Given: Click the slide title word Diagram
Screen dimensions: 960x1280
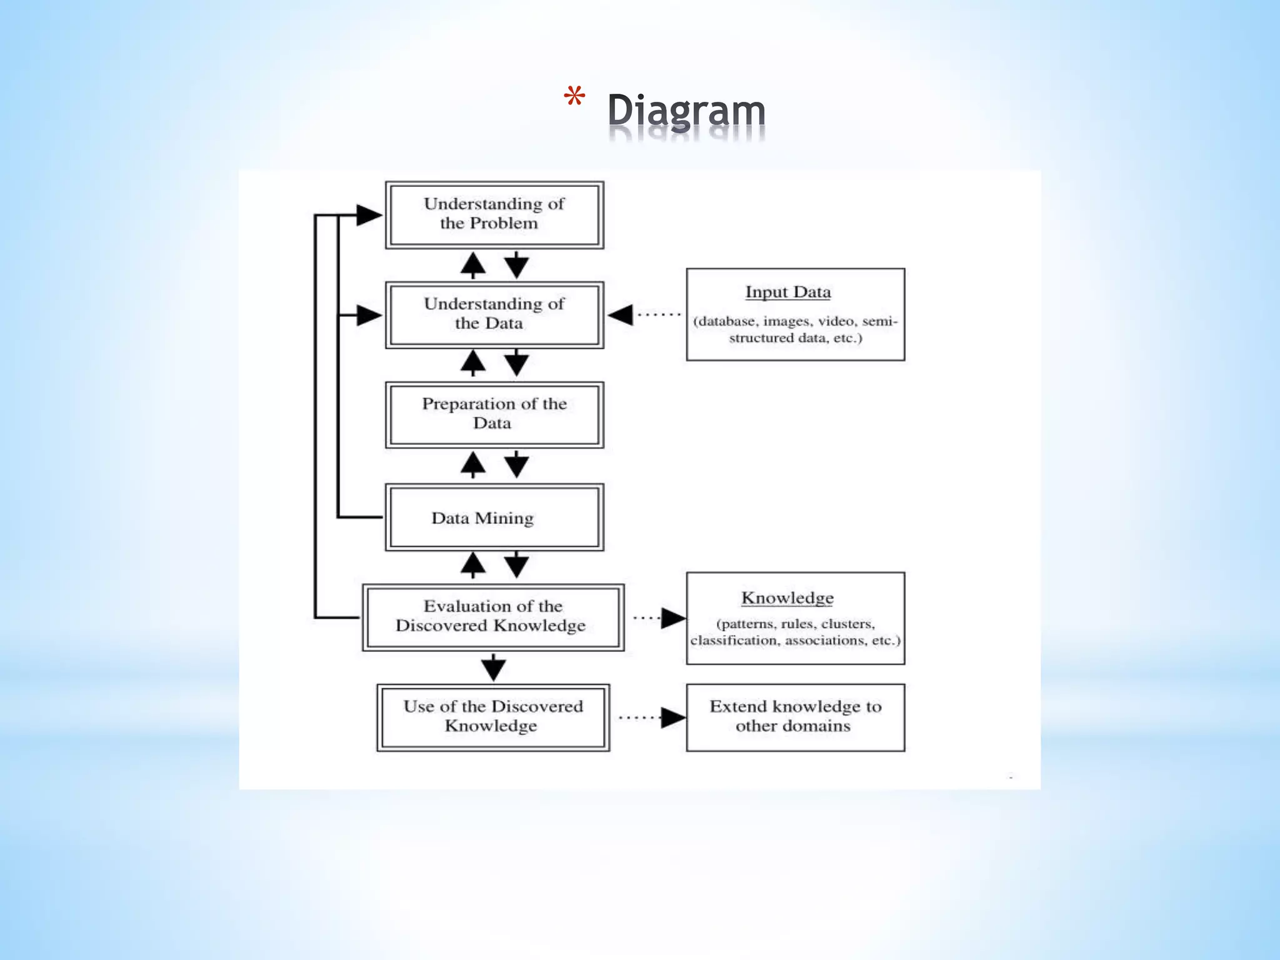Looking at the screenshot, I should click(x=686, y=111).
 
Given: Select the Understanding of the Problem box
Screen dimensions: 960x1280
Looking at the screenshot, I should click(x=494, y=214).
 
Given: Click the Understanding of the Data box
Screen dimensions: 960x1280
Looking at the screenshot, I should click(x=494, y=314).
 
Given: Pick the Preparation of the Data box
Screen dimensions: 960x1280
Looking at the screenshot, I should click(x=494, y=414).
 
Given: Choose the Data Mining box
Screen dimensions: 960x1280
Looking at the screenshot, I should click(x=494, y=517).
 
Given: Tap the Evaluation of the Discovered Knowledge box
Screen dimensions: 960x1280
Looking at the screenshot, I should click(x=492, y=617).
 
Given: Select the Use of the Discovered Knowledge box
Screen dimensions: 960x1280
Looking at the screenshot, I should click(x=492, y=717).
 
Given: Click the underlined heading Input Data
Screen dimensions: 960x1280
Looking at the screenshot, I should click(x=787, y=292).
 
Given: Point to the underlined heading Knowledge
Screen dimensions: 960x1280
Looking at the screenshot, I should click(x=787, y=598).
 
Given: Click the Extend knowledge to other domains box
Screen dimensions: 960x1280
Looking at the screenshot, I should click(x=795, y=717).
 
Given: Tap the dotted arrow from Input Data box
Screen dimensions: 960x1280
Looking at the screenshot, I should click(x=644, y=314).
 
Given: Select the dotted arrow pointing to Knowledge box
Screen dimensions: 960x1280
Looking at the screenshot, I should click(x=659, y=617).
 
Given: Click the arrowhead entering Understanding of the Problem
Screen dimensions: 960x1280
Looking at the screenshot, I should click(x=368, y=215).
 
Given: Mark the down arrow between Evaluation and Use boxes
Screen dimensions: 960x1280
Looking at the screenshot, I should click(x=493, y=668).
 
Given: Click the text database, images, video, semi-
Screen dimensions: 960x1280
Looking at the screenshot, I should click(x=795, y=321).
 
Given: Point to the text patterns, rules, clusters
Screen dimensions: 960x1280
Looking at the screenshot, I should click(x=795, y=624).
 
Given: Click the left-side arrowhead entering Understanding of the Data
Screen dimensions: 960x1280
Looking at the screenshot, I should click(x=368, y=315).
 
